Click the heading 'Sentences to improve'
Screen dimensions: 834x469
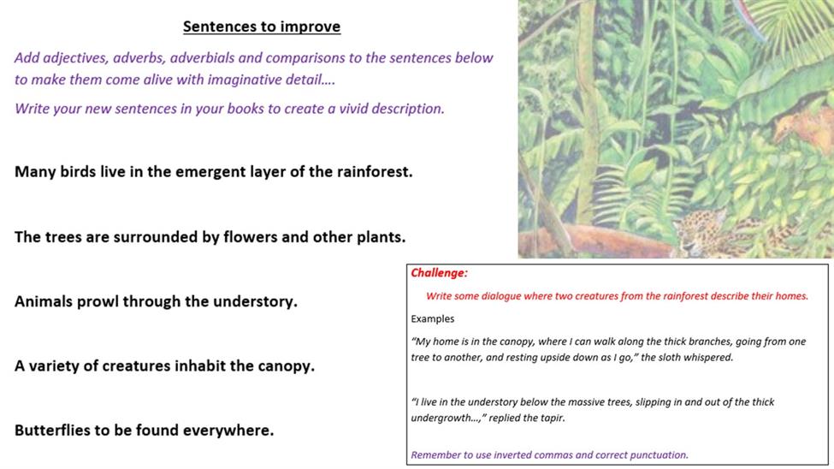[x=262, y=27]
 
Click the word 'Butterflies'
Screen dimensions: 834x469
[x=52, y=430]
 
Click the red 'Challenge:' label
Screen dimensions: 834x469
[x=439, y=273]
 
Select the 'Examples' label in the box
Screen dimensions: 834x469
[x=433, y=319]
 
